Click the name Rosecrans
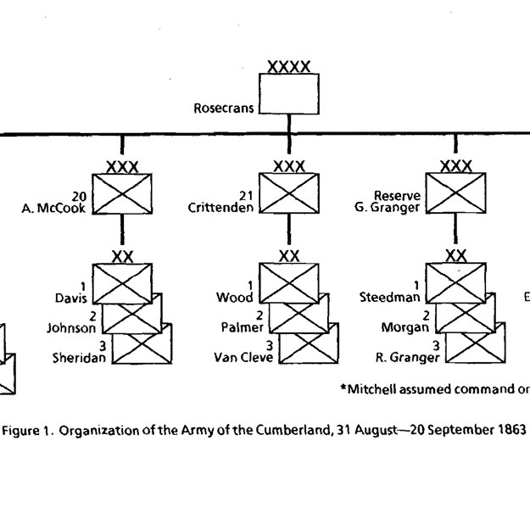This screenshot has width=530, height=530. click(225, 109)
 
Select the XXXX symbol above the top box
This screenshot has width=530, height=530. click(288, 66)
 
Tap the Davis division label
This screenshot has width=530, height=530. click(72, 298)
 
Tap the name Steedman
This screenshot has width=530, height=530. click(390, 298)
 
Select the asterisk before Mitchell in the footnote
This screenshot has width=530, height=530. click(343, 388)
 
